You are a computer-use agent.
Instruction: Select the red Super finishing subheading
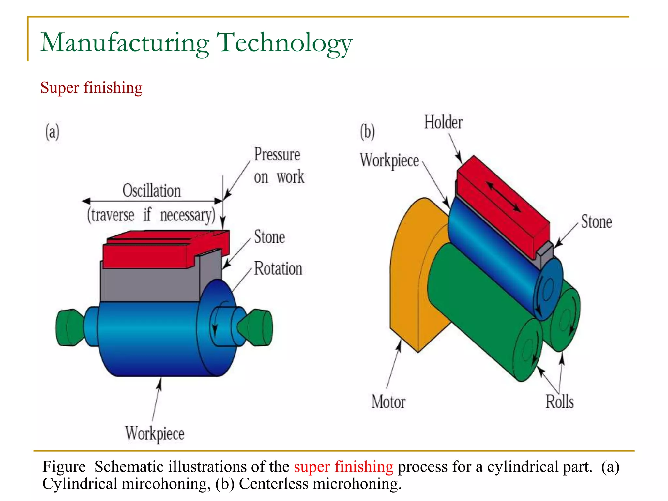point(91,88)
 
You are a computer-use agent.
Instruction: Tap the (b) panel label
point(367,132)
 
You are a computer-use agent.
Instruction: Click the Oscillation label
point(152,190)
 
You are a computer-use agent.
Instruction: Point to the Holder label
point(443,122)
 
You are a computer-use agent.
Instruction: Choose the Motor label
point(388,402)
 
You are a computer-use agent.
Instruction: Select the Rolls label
point(560,402)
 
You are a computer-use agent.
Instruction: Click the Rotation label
point(278,269)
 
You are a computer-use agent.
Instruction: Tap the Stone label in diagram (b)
point(596,222)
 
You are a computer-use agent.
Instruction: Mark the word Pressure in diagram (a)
point(277,154)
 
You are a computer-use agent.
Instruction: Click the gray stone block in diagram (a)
point(150,284)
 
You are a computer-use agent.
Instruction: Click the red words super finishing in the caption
point(343,466)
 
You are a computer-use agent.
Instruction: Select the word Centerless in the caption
point(273,484)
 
